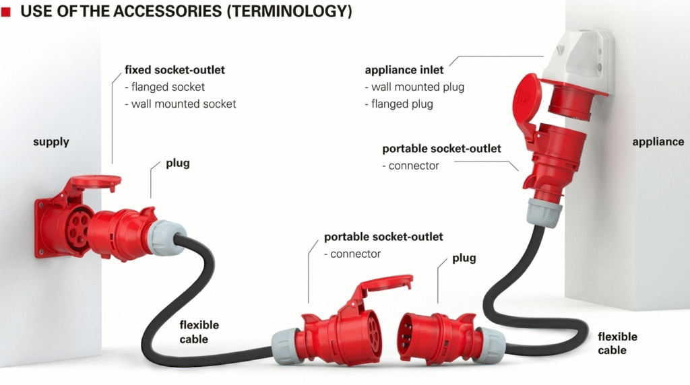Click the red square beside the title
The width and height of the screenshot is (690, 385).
pos(6,12)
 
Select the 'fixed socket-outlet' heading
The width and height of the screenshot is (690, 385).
pos(175,69)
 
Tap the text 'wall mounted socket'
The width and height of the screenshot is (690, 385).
pos(183,104)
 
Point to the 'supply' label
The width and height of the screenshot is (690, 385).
pos(51,142)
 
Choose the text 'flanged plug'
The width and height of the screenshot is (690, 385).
pos(402,104)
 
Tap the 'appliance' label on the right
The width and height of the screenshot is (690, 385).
pos(658,142)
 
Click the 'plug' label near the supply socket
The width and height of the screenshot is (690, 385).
pos(178,164)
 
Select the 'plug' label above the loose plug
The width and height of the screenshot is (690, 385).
pos(464,258)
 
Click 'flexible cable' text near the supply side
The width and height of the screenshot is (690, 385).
pos(199,331)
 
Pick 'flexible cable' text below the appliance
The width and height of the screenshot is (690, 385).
pos(617,343)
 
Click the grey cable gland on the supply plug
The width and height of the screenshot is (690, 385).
pos(162,237)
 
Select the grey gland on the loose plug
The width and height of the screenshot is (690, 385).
pos(491,345)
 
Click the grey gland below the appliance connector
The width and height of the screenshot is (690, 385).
pos(544,212)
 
